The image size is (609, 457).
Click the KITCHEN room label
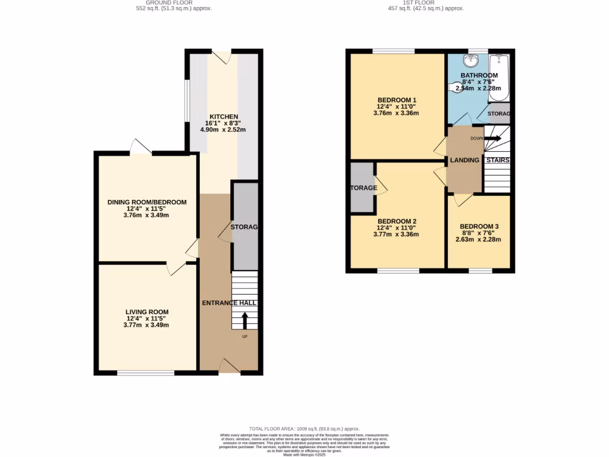(223, 117)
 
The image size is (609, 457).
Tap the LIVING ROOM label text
(146, 312)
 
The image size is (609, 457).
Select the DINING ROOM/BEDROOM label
(146, 202)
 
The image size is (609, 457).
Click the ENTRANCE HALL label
(229, 303)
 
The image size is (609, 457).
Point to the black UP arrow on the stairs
(244, 320)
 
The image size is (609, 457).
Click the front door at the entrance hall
(229, 366)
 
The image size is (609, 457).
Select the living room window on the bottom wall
(146, 373)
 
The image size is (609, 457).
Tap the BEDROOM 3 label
(479, 227)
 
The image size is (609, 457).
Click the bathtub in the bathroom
(498, 77)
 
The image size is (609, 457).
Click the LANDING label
(464, 161)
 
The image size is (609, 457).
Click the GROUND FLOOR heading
(169, 2)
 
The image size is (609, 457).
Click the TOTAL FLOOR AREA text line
(304, 429)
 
